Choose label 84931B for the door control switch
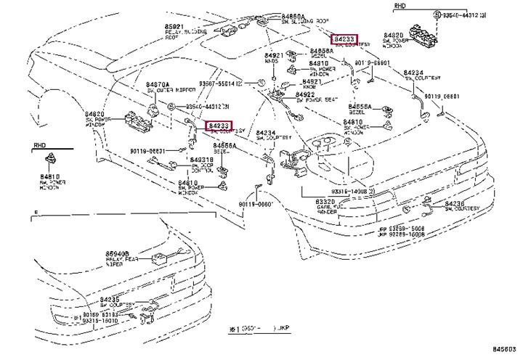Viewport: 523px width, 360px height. [x=201, y=159]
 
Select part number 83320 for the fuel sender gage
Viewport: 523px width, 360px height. [x=325, y=201]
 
